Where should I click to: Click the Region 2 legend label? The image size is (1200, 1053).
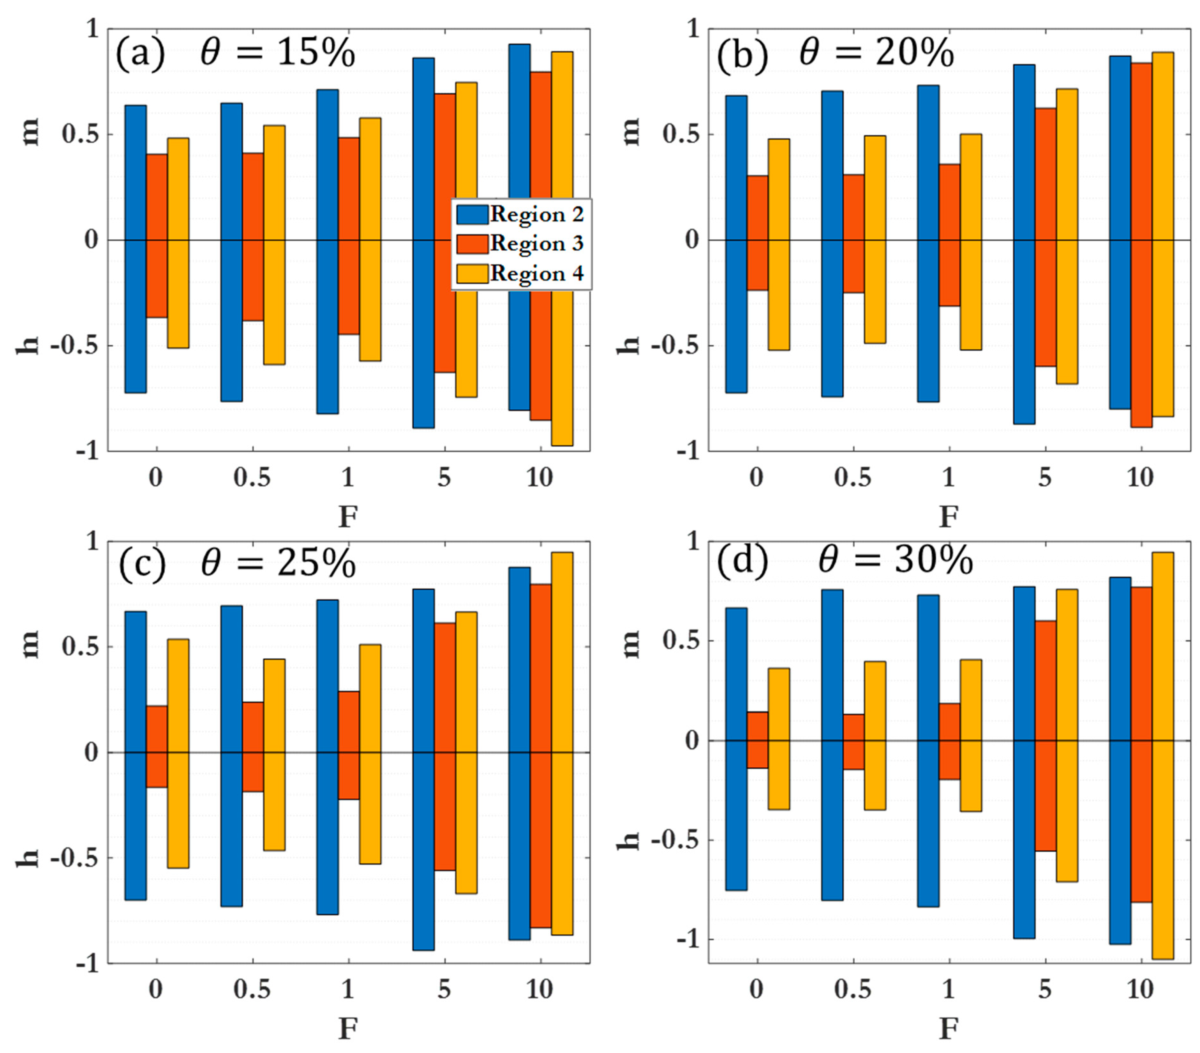point(537,214)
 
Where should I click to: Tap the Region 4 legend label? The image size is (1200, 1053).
point(537,274)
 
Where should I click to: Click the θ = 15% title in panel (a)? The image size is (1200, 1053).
point(277,53)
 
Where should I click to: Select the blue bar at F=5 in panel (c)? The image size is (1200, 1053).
point(423,769)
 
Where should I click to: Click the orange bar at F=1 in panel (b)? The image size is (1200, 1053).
point(949,235)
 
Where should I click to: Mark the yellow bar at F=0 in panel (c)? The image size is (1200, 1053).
point(178,753)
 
